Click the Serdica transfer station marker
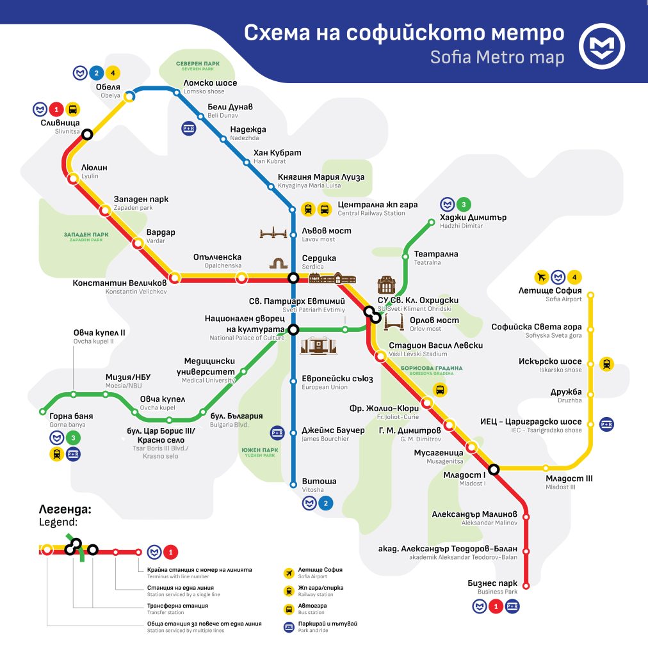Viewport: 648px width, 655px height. click(x=293, y=278)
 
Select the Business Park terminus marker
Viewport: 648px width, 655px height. click(x=526, y=585)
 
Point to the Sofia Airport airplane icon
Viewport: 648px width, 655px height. click(x=542, y=277)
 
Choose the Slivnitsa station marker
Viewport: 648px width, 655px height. click(x=87, y=134)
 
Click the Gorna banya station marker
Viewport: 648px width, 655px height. click(x=43, y=411)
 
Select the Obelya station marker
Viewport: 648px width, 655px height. click(x=129, y=97)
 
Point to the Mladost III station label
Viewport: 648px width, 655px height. click(x=569, y=482)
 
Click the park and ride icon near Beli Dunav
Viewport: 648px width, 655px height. click(x=188, y=127)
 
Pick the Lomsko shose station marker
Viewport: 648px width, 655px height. click(x=177, y=93)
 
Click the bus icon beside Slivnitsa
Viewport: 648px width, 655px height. click(x=72, y=109)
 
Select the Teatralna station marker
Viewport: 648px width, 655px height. click(x=405, y=256)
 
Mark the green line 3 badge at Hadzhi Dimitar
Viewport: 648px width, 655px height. click(x=464, y=205)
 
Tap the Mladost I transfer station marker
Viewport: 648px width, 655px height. click(x=494, y=471)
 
